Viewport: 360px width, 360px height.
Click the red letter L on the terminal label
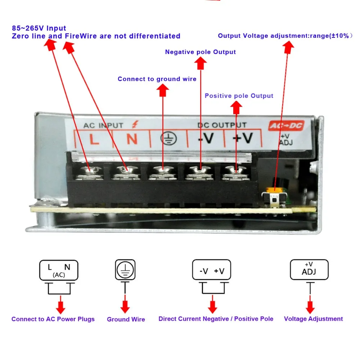94,139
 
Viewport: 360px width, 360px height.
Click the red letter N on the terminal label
132,139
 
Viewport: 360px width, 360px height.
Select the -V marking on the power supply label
206,138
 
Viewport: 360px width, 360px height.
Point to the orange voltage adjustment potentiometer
274,190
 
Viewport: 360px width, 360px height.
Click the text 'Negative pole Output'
201,52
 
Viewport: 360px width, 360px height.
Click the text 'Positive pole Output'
239,96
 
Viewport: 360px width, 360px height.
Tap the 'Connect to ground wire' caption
157,79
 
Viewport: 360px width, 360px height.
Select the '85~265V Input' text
39,28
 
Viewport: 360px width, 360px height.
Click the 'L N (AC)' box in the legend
59,270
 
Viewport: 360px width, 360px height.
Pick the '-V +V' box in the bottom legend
212,270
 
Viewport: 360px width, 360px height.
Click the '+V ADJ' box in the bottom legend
309,270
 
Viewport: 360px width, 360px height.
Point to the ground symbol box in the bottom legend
125,270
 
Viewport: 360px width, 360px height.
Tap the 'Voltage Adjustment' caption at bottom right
313,319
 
